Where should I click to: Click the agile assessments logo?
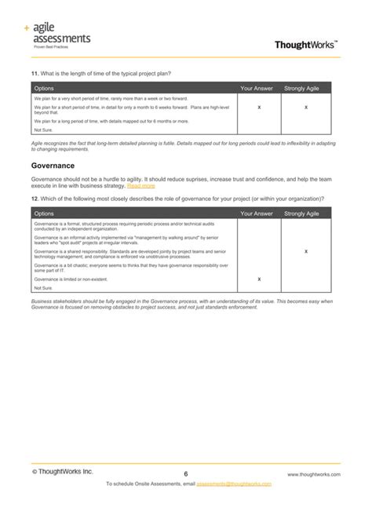point(58,35)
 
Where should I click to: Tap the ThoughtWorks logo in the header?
point(307,45)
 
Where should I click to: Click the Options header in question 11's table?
point(45,88)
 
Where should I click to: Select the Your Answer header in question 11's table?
point(257,88)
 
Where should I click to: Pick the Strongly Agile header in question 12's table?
point(301,213)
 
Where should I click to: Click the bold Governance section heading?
point(53,166)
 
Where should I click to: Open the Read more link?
point(141,186)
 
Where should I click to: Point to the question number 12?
point(35,199)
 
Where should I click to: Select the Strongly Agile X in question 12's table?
point(305,251)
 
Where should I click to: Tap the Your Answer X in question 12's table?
point(259,279)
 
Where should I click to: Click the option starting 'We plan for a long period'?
point(111,122)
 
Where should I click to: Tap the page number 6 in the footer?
point(186,474)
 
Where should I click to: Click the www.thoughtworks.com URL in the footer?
point(313,475)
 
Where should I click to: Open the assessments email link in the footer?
point(233,484)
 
